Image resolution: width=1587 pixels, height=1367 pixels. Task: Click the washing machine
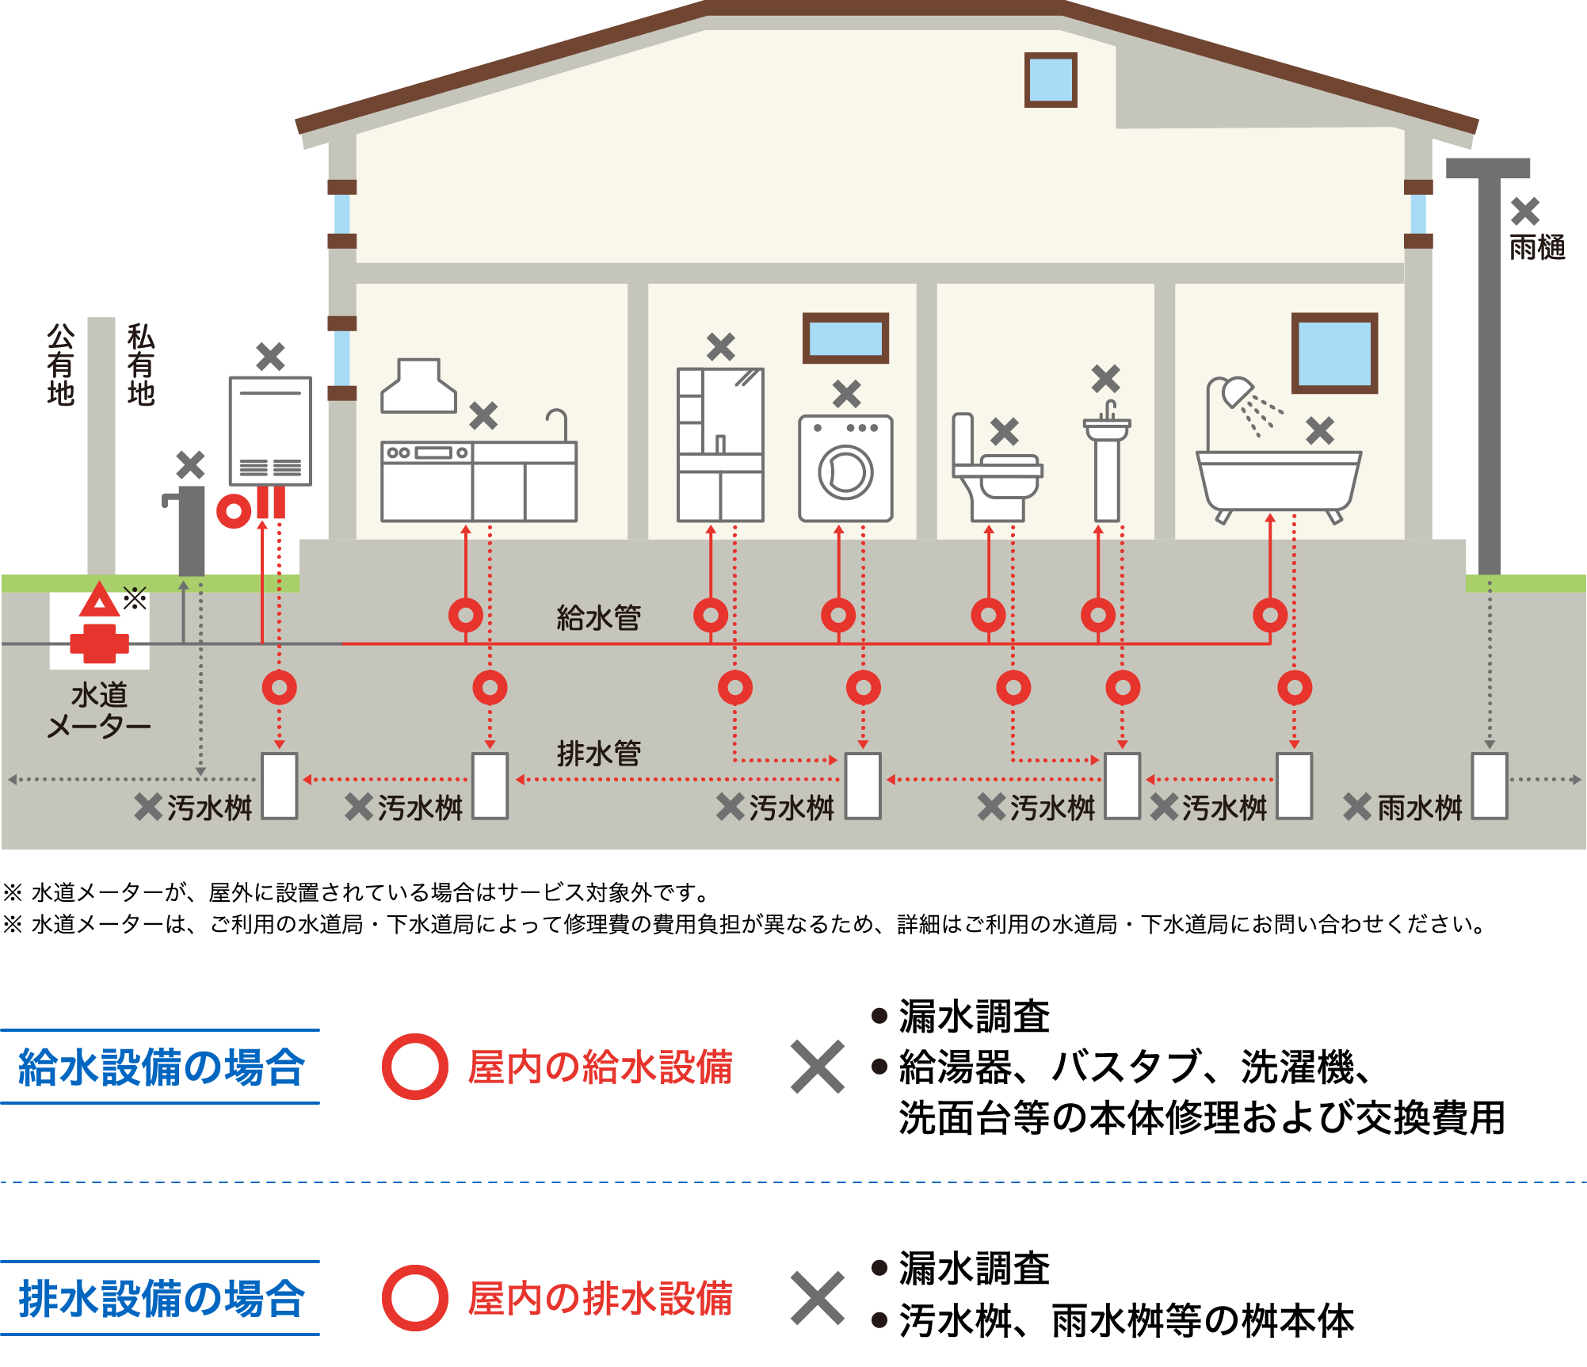tap(845, 468)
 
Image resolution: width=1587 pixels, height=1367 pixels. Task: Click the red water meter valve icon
tap(99, 643)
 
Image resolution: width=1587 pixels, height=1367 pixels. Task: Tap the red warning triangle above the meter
tap(99, 601)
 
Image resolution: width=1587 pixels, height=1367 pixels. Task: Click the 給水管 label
tap(598, 618)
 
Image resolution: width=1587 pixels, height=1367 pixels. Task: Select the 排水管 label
tap(598, 754)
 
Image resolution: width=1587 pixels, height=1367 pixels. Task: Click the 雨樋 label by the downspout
tap(1536, 248)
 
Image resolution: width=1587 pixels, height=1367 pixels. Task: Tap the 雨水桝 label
tap(1419, 808)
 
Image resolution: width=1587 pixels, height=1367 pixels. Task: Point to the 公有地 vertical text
tap(60, 365)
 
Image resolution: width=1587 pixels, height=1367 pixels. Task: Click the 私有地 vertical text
tap(140, 365)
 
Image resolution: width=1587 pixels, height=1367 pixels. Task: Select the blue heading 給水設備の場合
tap(161, 1067)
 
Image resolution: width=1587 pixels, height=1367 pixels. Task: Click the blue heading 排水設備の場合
tap(161, 1299)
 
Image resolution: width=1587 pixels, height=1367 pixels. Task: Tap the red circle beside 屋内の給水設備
tap(414, 1067)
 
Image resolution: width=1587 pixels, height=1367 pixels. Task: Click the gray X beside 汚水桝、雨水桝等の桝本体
tap(817, 1299)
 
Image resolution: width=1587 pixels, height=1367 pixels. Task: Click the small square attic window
tap(1051, 80)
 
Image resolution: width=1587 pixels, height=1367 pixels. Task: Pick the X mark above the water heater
tap(270, 357)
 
